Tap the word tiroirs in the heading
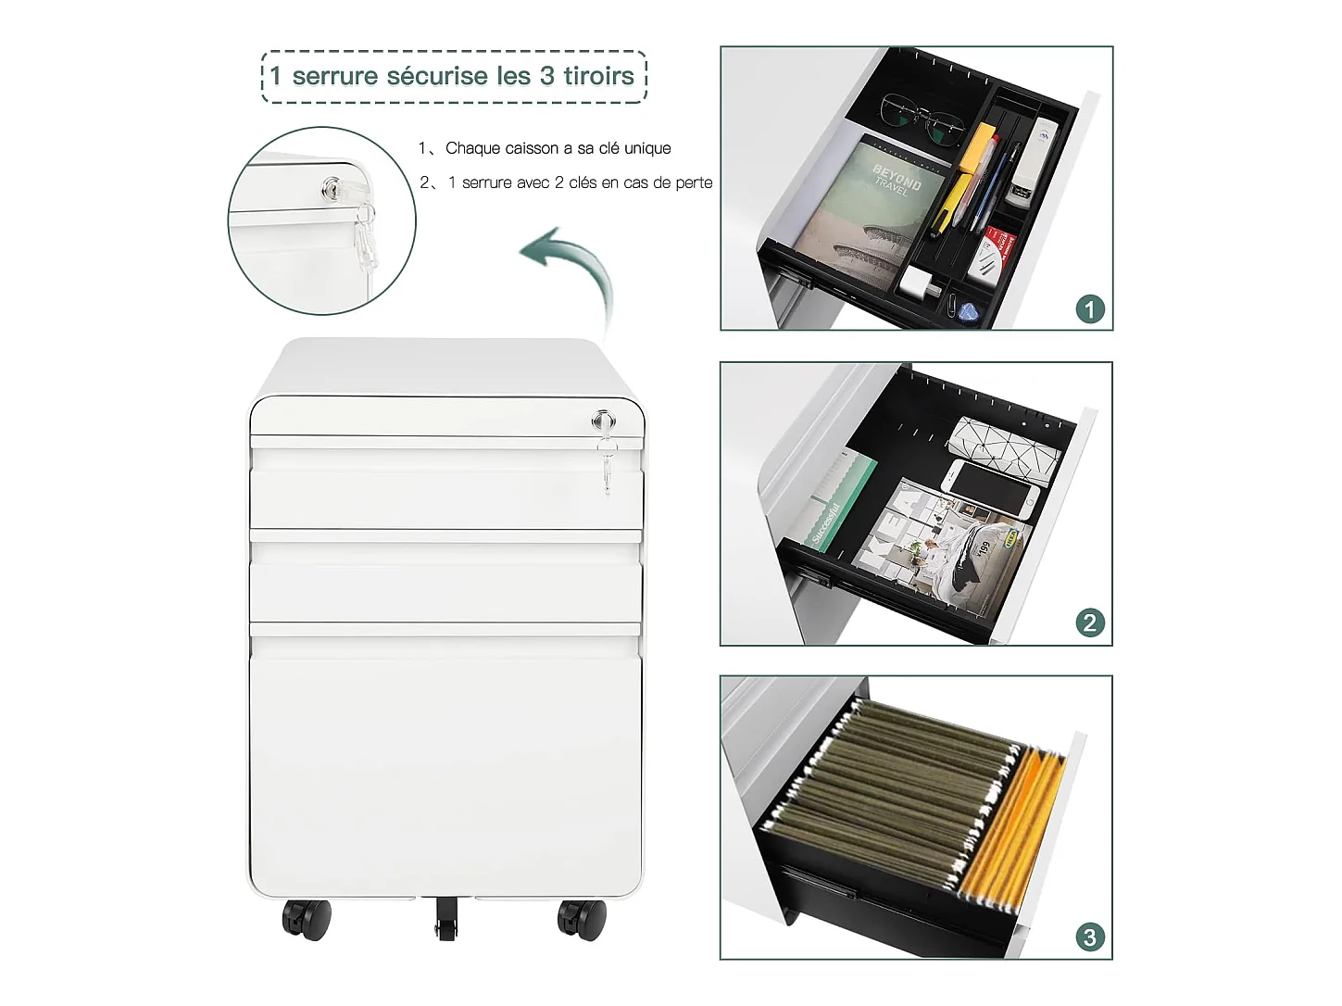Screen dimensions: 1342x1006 599,77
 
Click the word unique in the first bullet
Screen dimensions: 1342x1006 647,148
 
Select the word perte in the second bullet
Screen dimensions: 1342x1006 693,182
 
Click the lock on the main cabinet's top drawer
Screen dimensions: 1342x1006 603,421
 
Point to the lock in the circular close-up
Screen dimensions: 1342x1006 332,188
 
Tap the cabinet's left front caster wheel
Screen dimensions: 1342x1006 307,919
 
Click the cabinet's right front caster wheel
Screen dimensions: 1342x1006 582,919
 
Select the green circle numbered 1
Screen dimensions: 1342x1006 1090,308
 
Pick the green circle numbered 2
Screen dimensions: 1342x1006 1090,623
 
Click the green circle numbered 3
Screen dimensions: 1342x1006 1090,937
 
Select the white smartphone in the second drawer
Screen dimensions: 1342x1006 990,488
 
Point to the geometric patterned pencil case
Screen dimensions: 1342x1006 1005,445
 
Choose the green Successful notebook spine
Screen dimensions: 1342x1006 845,499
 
